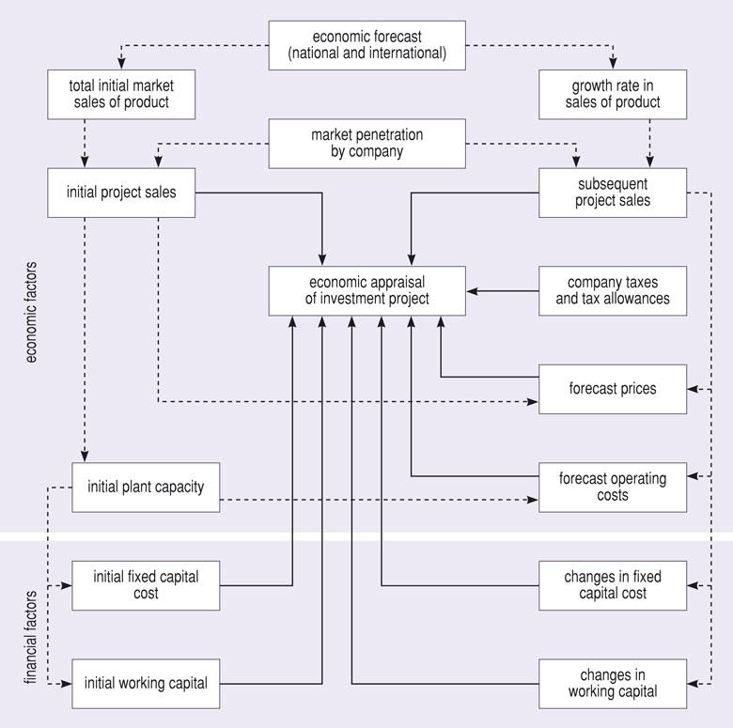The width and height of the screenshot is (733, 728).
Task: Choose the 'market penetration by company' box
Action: click(x=366, y=143)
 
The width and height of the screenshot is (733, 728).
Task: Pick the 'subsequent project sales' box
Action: click(x=613, y=193)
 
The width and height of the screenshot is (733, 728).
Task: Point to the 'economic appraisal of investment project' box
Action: click(x=366, y=290)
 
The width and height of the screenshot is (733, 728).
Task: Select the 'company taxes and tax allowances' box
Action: click(x=613, y=290)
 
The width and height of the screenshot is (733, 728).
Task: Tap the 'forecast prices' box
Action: click(x=613, y=388)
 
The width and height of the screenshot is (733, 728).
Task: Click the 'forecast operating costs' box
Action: click(x=613, y=487)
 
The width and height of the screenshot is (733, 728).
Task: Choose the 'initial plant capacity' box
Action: click(x=146, y=487)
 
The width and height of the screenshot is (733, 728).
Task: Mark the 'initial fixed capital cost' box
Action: click(x=146, y=584)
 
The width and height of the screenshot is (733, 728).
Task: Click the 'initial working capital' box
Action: click(x=146, y=683)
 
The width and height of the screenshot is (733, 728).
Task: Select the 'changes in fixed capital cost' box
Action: click(x=613, y=584)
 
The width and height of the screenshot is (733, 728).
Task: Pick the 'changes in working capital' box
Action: click(x=613, y=683)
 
